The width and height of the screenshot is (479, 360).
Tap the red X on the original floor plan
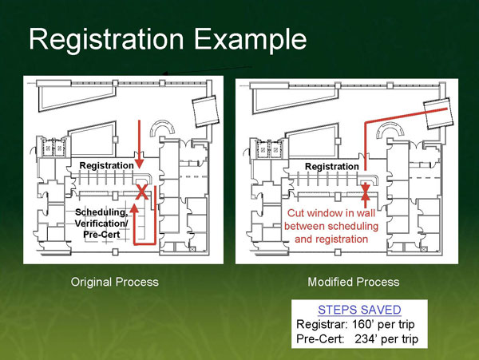pos(142,192)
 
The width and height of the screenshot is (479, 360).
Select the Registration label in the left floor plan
pos(106,165)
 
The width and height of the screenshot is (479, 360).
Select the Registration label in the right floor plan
pos(331,166)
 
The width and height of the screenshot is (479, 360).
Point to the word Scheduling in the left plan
pos(101,212)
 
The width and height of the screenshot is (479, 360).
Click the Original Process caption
pos(115,282)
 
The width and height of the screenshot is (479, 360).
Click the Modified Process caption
pos(353,282)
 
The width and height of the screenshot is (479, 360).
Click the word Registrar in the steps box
pos(322,325)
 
